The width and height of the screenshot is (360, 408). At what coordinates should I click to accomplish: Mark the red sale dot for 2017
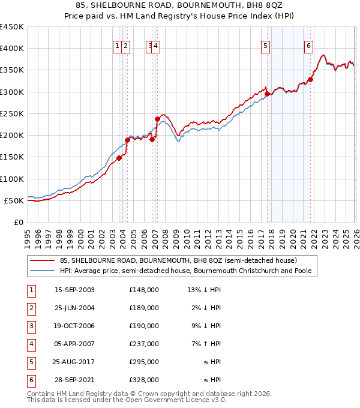(x=267, y=94)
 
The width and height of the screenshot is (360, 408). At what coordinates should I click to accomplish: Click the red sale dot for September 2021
(x=311, y=79)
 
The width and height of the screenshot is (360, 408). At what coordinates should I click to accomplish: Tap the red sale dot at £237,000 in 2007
(x=157, y=119)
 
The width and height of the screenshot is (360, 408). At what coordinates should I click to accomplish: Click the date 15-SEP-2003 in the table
(x=74, y=290)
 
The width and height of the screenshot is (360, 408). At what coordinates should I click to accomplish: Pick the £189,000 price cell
(x=144, y=308)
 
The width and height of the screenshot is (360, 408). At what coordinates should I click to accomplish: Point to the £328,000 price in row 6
(x=144, y=380)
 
